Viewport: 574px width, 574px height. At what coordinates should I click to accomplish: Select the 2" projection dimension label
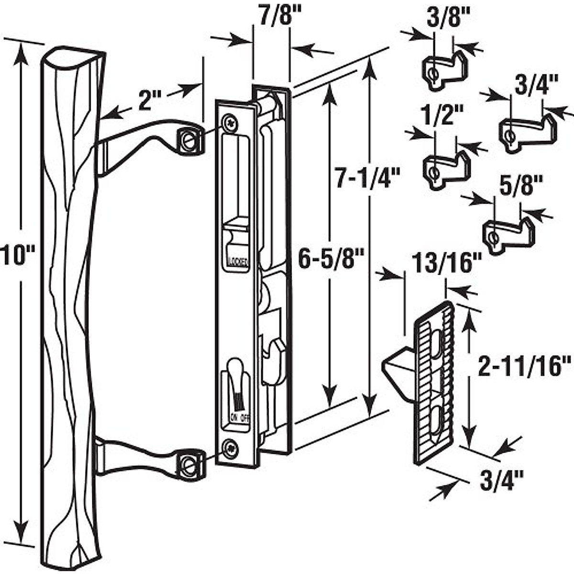click(x=150, y=100)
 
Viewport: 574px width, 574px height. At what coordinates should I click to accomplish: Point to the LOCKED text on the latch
click(x=237, y=261)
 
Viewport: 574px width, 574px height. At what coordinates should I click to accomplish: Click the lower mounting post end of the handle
click(x=189, y=463)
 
